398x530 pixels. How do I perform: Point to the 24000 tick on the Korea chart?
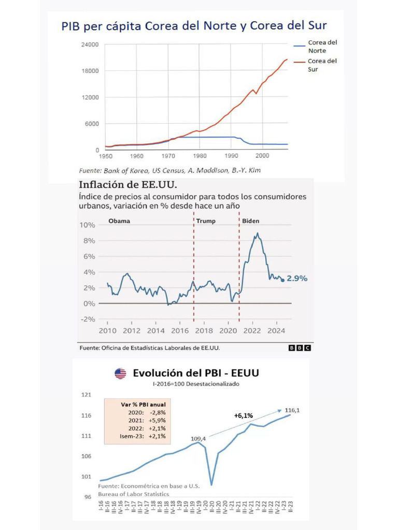90,45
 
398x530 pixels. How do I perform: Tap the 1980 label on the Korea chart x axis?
200,155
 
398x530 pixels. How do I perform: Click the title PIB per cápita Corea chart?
194,26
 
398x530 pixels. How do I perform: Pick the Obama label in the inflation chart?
119,221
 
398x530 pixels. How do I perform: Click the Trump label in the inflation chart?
206,221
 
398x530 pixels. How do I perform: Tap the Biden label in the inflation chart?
251,221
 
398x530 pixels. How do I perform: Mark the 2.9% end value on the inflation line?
297,278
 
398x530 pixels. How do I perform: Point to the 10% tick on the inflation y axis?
87,225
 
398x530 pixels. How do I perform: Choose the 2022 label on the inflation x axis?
252,331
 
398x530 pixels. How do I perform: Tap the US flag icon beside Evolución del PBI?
121,373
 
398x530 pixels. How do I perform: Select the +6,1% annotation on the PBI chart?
243,415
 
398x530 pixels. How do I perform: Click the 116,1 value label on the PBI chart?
292,410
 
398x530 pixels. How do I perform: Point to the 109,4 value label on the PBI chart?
198,438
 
